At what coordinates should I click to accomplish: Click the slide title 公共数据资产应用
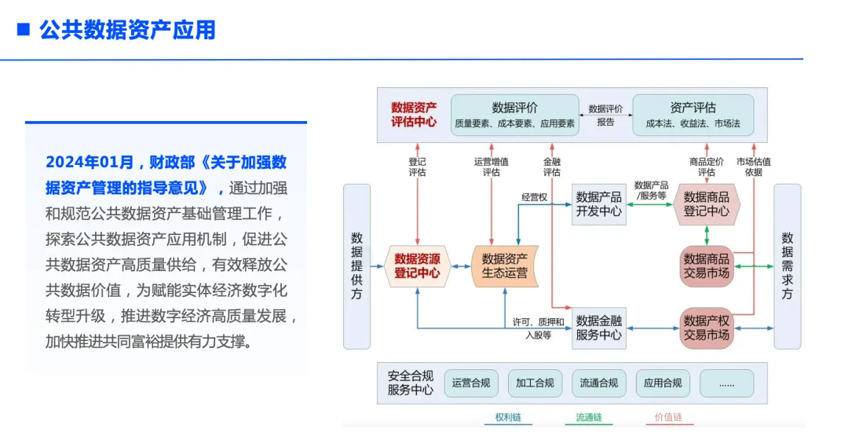[x=127, y=30]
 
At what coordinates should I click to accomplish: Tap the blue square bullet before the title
[x=24, y=30]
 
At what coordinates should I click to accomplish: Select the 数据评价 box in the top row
[x=514, y=115]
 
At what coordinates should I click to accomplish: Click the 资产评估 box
[x=693, y=115]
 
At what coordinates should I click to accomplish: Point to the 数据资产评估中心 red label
[x=414, y=115]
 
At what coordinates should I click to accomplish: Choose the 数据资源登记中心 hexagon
[x=417, y=266]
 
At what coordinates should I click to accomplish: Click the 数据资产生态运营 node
[x=504, y=266]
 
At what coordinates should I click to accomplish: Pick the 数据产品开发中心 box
[x=599, y=204]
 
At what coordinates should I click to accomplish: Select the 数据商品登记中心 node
[x=707, y=204]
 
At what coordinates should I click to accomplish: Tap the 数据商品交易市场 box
[x=707, y=266]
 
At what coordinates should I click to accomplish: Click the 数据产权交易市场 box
[x=707, y=328]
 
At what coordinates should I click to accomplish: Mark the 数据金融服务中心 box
[x=599, y=328]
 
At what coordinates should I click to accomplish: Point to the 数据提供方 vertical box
[x=356, y=266]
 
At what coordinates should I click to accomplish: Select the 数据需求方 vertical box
[x=787, y=266]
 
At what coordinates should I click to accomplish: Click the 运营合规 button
[x=471, y=383]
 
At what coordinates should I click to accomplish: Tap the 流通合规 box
[x=599, y=383]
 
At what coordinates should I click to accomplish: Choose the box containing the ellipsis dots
[x=726, y=383]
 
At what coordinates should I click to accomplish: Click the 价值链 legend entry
[x=668, y=418]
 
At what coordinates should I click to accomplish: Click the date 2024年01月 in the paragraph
[x=90, y=163]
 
